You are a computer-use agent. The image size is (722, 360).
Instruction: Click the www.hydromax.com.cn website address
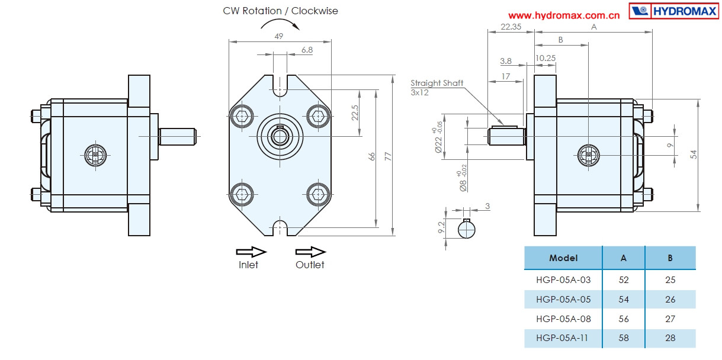click(x=564, y=15)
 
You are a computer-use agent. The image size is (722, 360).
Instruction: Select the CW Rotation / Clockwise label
click(x=281, y=11)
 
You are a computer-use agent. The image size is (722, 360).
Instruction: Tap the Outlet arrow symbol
click(x=310, y=251)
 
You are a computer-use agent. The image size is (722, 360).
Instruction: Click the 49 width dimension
click(x=279, y=36)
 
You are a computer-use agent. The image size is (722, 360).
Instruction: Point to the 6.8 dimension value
click(x=307, y=50)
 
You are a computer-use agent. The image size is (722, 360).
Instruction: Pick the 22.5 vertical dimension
click(x=355, y=112)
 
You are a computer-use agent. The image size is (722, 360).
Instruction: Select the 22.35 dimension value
click(x=511, y=27)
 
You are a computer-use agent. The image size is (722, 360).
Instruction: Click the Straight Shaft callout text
click(x=437, y=83)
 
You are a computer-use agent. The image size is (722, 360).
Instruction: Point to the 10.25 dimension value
click(x=545, y=58)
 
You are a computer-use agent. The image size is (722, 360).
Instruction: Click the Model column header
click(x=563, y=258)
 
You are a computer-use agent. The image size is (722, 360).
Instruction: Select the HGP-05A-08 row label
click(x=563, y=319)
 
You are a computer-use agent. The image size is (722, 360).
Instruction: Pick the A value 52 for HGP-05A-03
click(x=623, y=280)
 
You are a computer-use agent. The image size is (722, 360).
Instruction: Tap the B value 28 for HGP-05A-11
click(x=670, y=339)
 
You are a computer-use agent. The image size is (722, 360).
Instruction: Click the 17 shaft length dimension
click(x=505, y=76)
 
